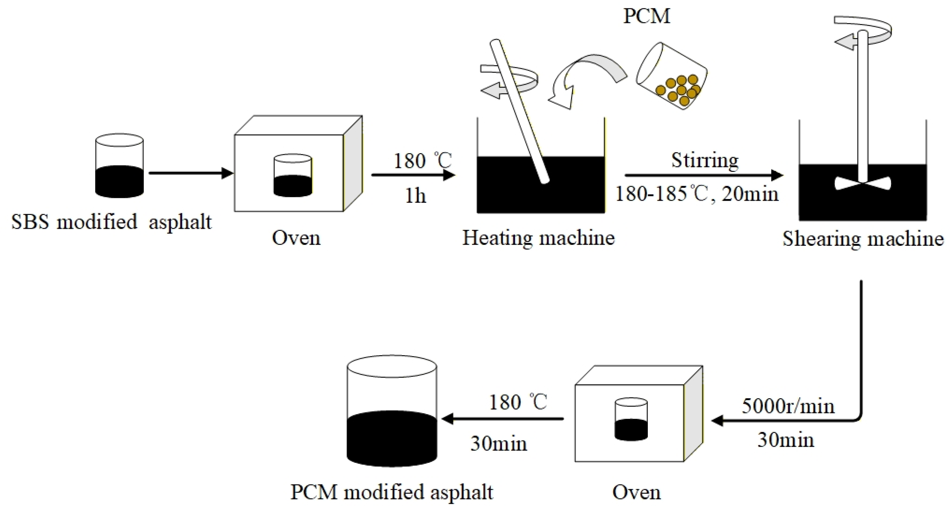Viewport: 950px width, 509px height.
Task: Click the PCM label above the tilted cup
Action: pyautogui.click(x=646, y=17)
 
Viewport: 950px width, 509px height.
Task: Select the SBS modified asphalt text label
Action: pyautogui.click(x=111, y=222)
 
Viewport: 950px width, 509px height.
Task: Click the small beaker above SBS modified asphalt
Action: pyautogui.click(x=119, y=166)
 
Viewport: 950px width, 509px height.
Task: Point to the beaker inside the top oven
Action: pyautogui.click(x=293, y=175)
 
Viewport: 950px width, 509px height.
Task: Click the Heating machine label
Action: pyautogui.click(x=539, y=238)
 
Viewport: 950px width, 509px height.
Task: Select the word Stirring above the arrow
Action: pyautogui.click(x=704, y=160)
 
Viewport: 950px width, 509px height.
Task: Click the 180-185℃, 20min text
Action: pyautogui.click(x=697, y=193)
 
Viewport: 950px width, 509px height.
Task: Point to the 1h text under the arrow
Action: pyautogui.click(x=416, y=195)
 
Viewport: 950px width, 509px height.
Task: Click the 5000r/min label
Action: pyautogui.click(x=788, y=406)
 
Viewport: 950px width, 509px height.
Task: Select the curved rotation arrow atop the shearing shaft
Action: pyautogui.click(x=863, y=31)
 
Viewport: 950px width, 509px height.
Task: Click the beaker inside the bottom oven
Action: pyautogui.click(x=631, y=419)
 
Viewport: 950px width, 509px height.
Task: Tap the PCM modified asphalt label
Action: pyautogui.click(x=392, y=492)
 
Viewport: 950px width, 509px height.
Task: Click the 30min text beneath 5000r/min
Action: pyautogui.click(x=785, y=440)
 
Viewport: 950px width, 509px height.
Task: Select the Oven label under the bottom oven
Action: pyautogui.click(x=637, y=492)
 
